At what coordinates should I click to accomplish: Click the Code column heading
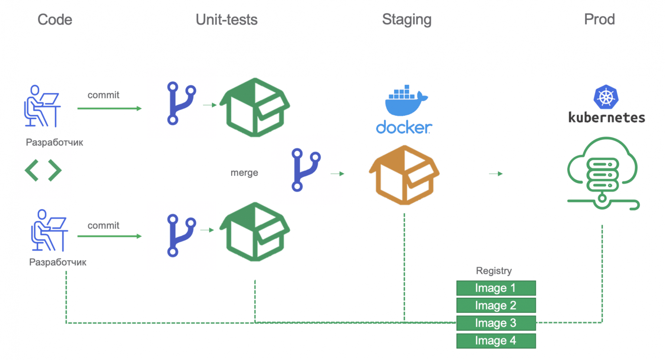pos(55,20)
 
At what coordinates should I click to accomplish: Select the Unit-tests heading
pos(226,20)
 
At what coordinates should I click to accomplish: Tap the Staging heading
pos(407,20)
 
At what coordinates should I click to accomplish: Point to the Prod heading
pos(599,19)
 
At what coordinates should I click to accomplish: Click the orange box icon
pos(404,175)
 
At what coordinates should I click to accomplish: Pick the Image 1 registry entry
pos(496,288)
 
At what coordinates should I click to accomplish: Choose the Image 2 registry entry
pos(496,305)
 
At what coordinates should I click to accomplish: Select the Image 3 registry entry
pos(496,323)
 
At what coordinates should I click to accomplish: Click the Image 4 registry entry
pos(496,341)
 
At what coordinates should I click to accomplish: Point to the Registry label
pos(494,271)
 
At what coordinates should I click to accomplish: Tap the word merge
pos(244,173)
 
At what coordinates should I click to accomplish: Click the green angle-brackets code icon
pos(43,170)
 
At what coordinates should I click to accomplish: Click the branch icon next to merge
pos(306,170)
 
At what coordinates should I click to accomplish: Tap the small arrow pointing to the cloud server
pos(496,174)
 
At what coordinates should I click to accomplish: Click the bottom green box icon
pos(255,232)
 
